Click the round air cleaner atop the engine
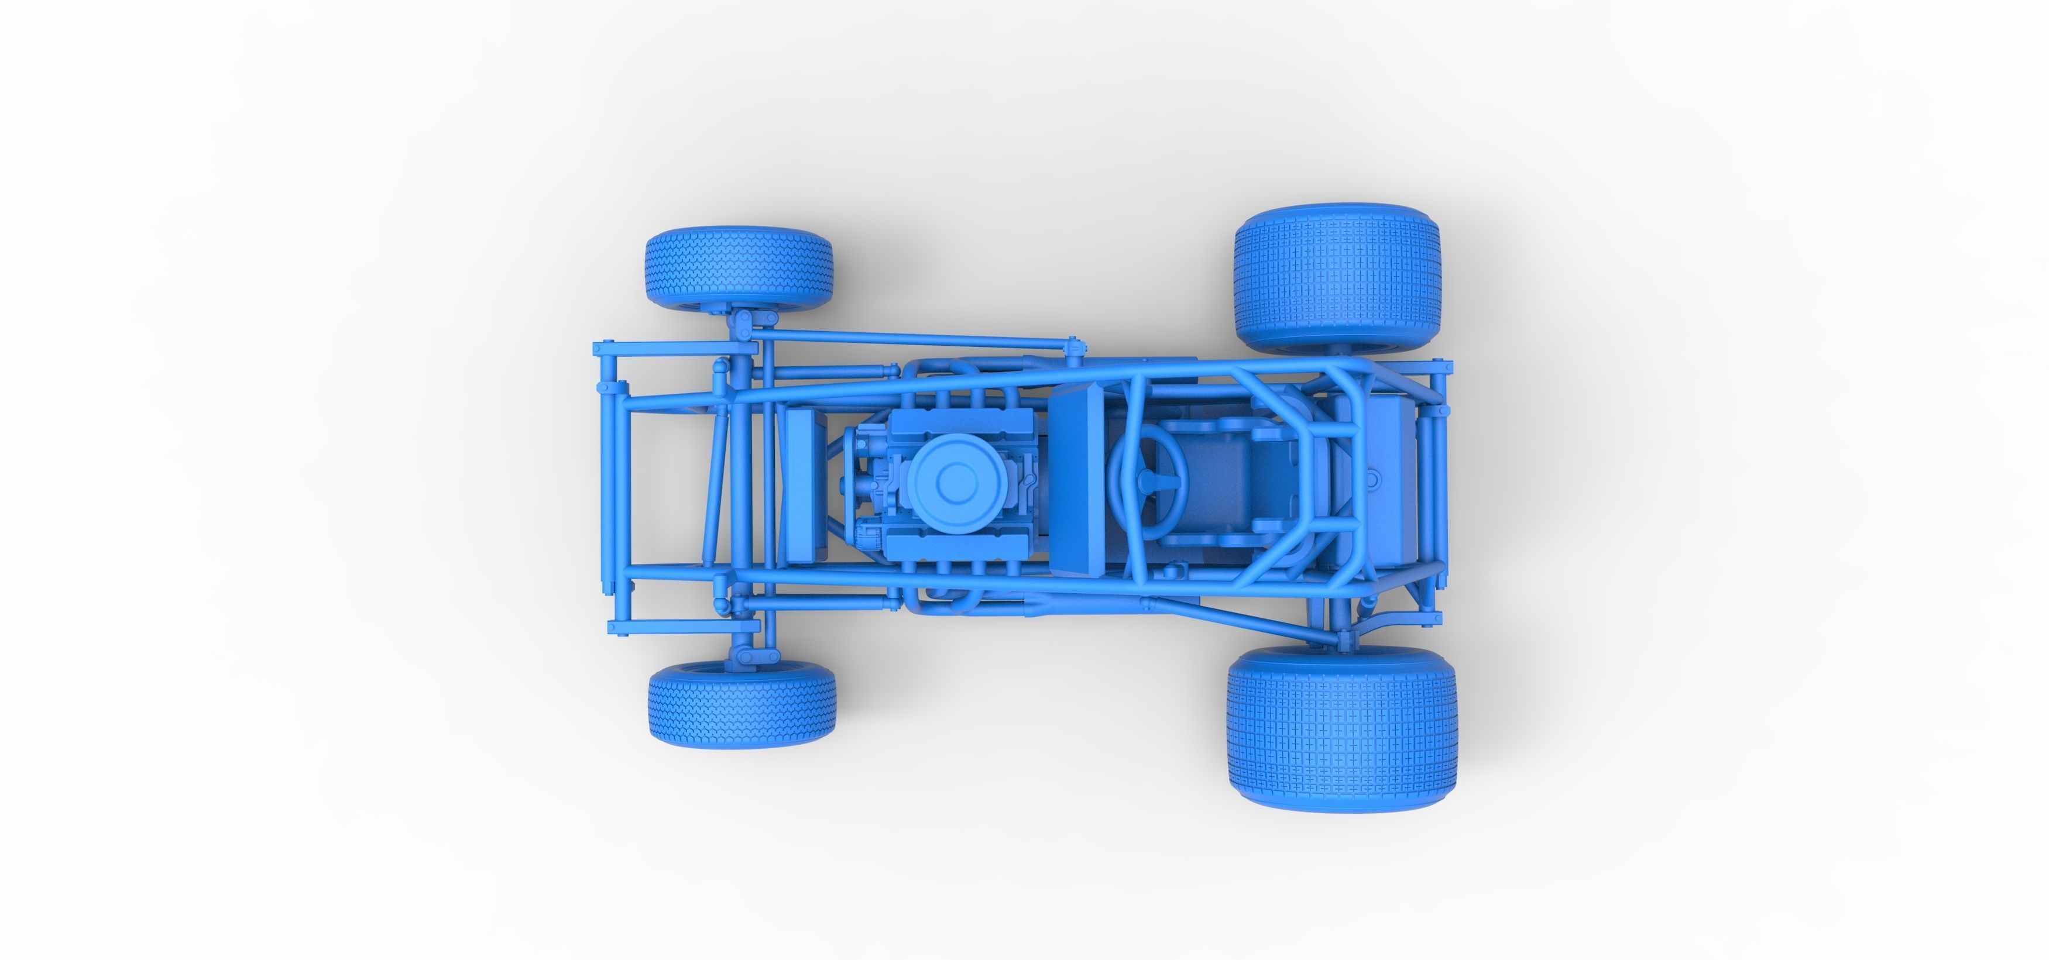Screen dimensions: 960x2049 point(950,478)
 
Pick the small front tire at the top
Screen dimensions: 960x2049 point(739,269)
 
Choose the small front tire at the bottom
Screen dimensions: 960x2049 point(742,704)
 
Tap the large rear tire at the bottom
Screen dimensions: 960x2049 point(1342,727)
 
